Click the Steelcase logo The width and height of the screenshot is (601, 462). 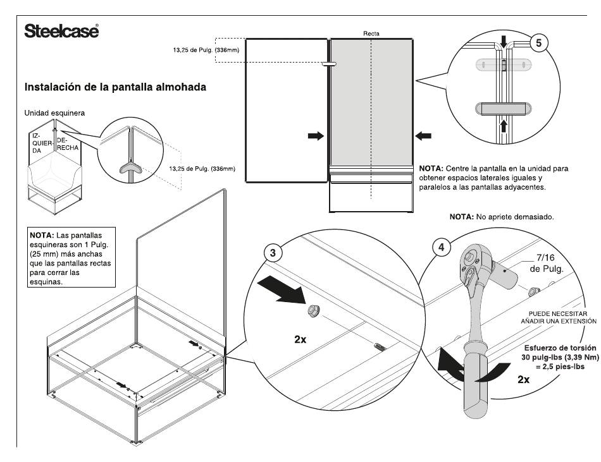pyautogui.click(x=61, y=30)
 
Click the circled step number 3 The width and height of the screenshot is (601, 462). pyautogui.click(x=273, y=253)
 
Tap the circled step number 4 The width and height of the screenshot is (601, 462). pyautogui.click(x=441, y=247)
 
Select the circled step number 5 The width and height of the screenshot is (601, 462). pyautogui.click(x=538, y=43)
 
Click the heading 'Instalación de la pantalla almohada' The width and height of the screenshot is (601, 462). pyautogui.click(x=115, y=87)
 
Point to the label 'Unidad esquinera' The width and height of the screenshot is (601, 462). pyautogui.click(x=54, y=113)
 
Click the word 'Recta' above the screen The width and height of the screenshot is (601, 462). pyautogui.click(x=371, y=33)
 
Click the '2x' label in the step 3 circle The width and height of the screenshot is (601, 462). pyautogui.click(x=300, y=339)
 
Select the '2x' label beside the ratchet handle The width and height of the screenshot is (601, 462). pyautogui.click(x=523, y=379)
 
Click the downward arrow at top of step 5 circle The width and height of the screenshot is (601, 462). pyautogui.click(x=504, y=42)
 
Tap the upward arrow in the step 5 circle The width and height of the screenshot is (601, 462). pyautogui.click(x=504, y=126)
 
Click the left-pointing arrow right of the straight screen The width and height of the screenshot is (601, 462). pyautogui.click(x=423, y=136)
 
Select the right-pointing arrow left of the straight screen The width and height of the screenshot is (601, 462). pyautogui.click(x=316, y=136)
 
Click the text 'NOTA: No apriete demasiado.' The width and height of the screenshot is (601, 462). pyautogui.click(x=501, y=217)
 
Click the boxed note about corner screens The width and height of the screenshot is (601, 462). pyautogui.click(x=72, y=257)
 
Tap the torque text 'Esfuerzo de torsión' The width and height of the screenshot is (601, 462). pyautogui.click(x=560, y=348)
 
